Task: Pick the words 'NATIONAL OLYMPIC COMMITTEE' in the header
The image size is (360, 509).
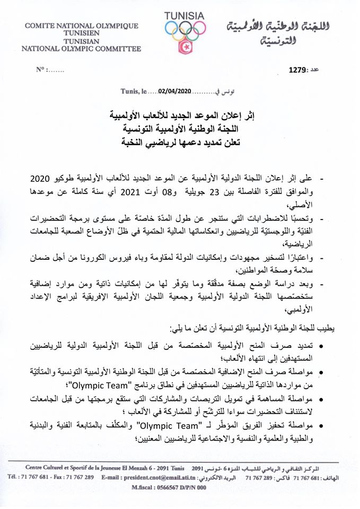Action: pyautogui.click(x=81, y=49)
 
